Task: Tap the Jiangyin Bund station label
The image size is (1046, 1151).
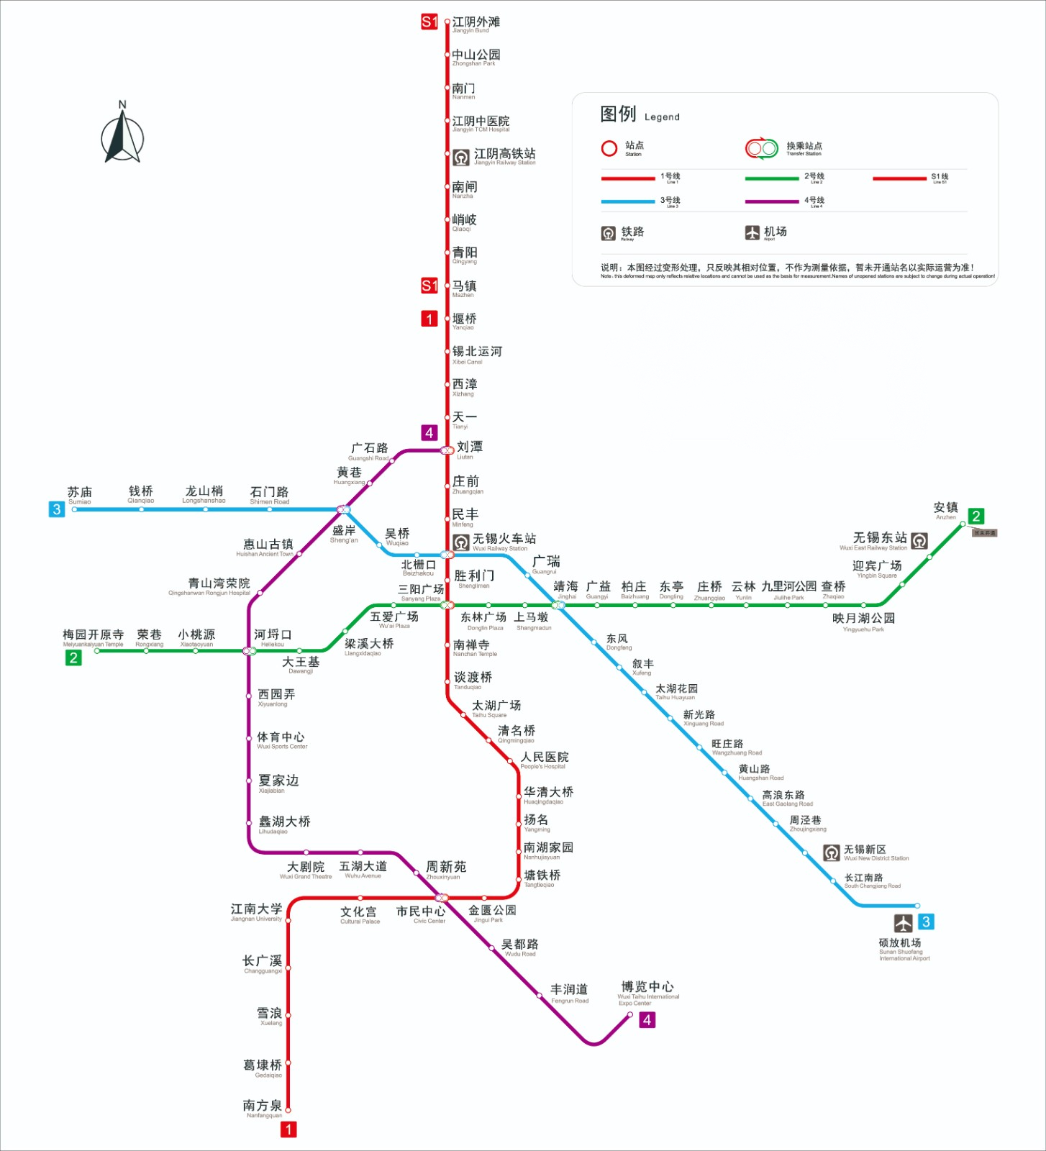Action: [x=475, y=24]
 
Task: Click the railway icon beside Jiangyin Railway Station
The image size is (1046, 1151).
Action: [x=461, y=157]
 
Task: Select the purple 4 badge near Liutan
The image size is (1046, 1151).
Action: [x=429, y=432]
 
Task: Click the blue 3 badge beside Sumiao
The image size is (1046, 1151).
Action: [x=57, y=509]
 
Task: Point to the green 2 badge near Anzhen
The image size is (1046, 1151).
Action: [x=976, y=516]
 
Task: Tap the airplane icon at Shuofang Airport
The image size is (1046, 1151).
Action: [x=904, y=922]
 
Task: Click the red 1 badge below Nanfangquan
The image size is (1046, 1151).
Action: [x=288, y=1129]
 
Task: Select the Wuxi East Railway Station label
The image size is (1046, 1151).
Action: [x=879, y=540]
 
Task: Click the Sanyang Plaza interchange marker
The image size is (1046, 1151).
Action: [x=447, y=605]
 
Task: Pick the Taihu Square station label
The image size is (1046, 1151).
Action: [x=496, y=708]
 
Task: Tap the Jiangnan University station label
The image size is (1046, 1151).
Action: [x=256, y=911]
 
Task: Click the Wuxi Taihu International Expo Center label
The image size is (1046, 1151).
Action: [x=647, y=991]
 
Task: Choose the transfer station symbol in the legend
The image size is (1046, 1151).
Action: [x=762, y=149]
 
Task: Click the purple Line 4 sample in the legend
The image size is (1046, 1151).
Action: [x=772, y=202]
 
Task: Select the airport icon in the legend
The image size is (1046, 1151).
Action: [x=752, y=232]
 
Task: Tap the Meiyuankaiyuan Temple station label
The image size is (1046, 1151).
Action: [x=93, y=637]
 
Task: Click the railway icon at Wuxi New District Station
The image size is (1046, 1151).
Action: [x=832, y=853]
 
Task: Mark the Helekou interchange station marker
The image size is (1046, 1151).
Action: [x=250, y=651]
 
